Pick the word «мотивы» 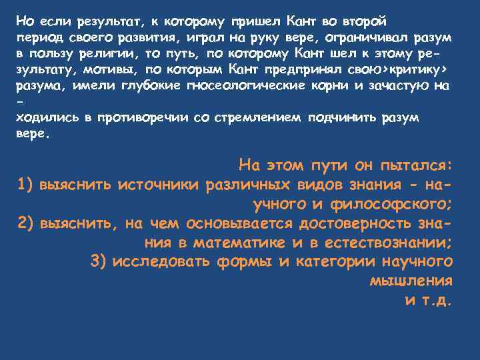96,69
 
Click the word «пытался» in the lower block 417,165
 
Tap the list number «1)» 25,184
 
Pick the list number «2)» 25,223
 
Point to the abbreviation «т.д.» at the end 436,299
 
